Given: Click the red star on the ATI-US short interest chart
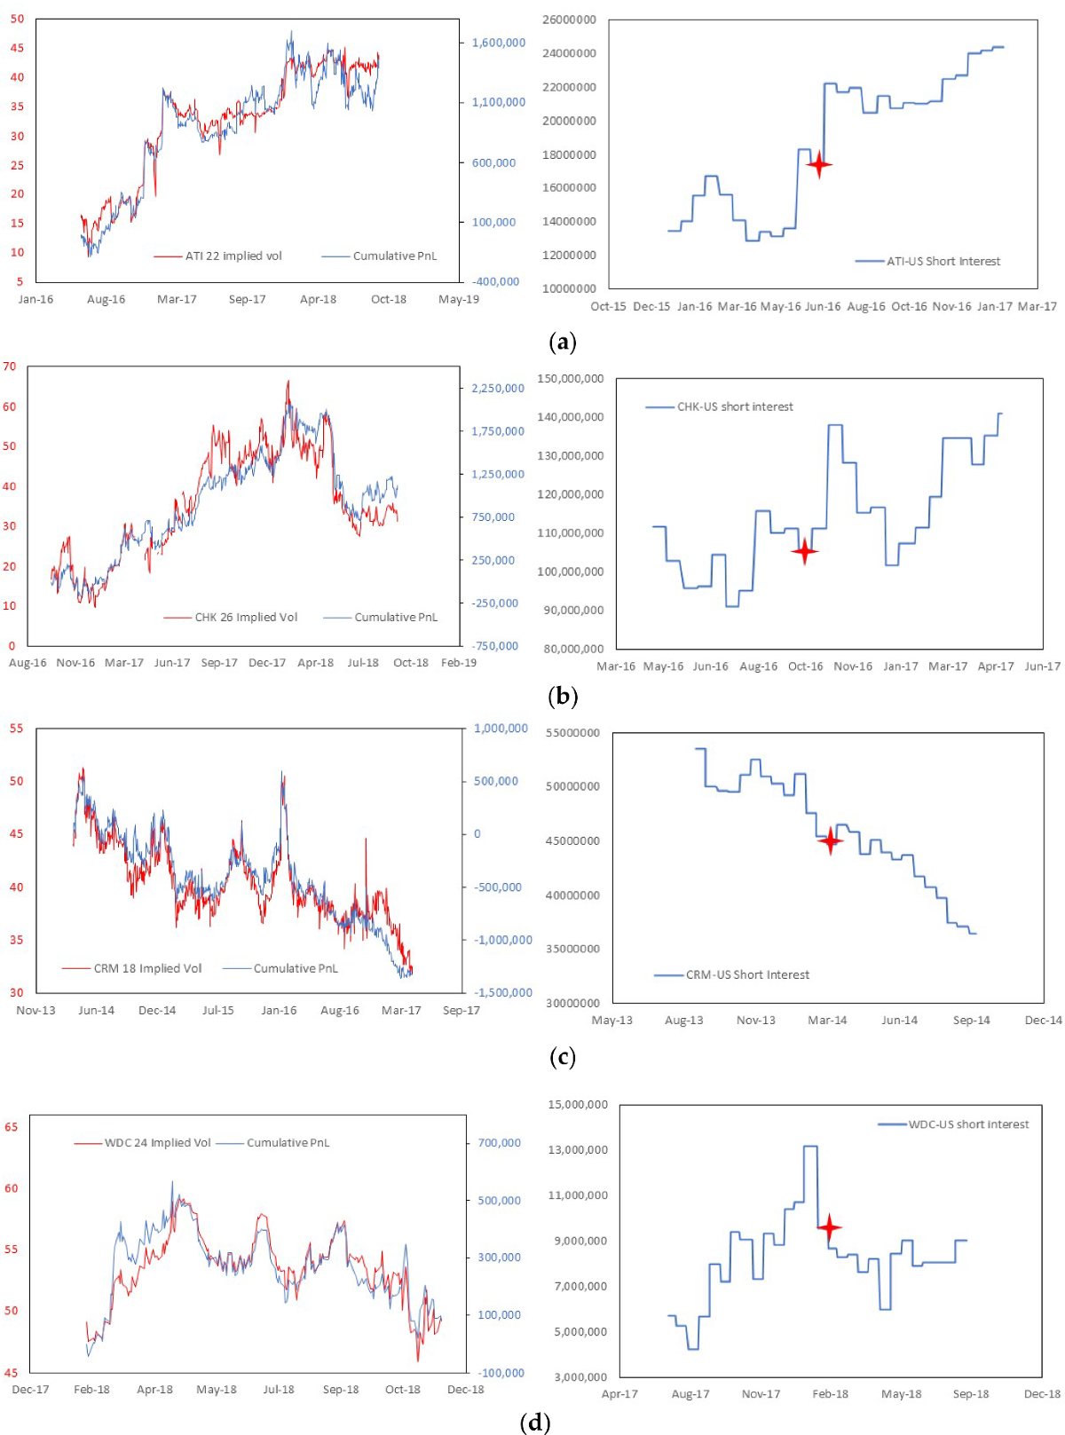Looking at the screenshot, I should click(818, 164).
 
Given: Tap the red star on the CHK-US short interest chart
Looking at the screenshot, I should click(804, 551).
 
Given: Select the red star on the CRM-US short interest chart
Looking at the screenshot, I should click(830, 840).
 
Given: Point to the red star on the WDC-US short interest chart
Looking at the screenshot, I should click(829, 1228).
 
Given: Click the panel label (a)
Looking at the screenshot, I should click(563, 342).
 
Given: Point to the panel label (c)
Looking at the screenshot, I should click(563, 1056).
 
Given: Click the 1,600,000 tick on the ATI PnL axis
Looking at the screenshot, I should click(498, 43).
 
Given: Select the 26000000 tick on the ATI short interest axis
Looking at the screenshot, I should click(569, 20).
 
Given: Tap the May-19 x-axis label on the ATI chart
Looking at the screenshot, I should click(458, 299).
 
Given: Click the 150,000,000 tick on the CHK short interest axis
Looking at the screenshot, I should click(570, 379).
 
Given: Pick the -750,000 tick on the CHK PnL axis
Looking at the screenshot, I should click(495, 645).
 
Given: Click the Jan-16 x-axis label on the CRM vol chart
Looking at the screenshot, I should click(279, 1010).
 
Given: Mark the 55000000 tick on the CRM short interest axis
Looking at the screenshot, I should click(572, 733).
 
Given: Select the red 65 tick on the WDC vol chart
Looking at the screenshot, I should click(11, 1127).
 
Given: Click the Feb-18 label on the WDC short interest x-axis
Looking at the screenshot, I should click(830, 1394).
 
